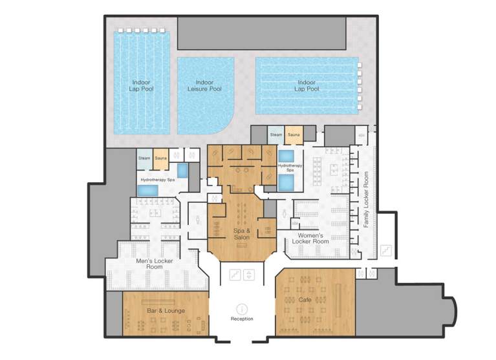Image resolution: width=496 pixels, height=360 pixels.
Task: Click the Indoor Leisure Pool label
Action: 205,85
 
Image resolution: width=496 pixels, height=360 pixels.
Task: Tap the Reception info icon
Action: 243,309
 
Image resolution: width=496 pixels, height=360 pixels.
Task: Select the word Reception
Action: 243,319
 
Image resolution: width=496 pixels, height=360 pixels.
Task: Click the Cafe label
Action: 305,300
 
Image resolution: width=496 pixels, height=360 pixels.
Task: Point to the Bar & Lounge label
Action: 166,311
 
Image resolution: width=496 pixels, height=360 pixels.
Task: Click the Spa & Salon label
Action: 243,234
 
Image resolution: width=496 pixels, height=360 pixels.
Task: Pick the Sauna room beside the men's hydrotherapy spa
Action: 160,158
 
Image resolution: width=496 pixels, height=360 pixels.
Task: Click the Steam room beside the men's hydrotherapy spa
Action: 144,158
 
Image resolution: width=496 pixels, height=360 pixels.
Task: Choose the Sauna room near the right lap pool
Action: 294,134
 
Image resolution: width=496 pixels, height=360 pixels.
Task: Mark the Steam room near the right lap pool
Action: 276,134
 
